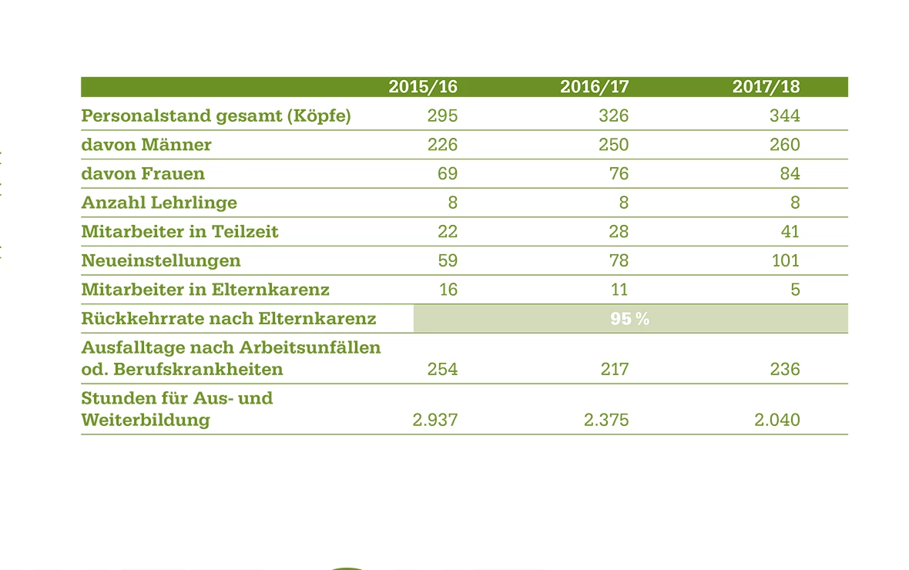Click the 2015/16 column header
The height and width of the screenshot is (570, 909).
(x=422, y=87)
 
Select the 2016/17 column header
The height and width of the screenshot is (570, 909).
(x=594, y=87)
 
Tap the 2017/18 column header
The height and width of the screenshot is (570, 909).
(x=766, y=87)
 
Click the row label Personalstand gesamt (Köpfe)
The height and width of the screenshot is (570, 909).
(x=216, y=116)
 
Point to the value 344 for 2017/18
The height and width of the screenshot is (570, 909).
(x=785, y=116)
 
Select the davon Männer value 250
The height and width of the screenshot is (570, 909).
(x=613, y=145)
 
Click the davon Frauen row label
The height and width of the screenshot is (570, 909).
(x=143, y=174)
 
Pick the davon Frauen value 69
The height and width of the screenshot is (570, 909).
(x=447, y=174)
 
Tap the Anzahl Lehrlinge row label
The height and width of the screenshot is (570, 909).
(x=159, y=203)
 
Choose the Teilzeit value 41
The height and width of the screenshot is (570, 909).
(x=790, y=232)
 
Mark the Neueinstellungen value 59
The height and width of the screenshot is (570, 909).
(x=447, y=261)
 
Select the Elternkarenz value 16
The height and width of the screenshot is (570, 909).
(x=448, y=290)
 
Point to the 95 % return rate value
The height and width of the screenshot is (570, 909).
(x=630, y=319)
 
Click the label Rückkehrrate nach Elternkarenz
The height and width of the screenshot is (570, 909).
(x=229, y=319)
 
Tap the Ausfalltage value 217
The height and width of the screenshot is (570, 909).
(x=613, y=370)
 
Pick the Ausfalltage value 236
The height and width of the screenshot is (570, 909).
(x=785, y=370)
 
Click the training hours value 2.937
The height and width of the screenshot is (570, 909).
(x=435, y=421)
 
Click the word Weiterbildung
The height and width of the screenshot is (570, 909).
(x=146, y=421)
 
